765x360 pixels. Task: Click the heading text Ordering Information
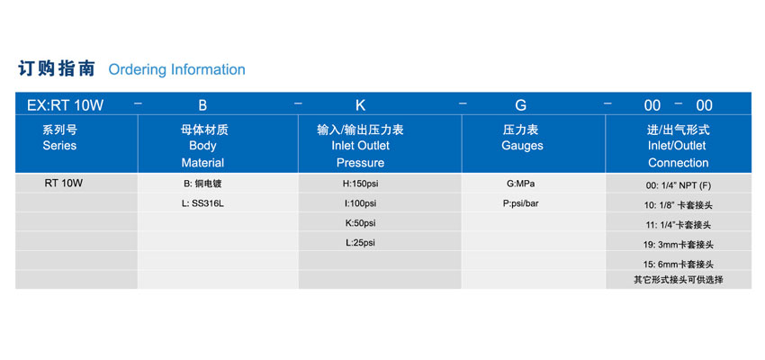coord(176,70)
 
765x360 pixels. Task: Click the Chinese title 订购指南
coord(57,68)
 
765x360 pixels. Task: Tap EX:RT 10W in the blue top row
coord(66,105)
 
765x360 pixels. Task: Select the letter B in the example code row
coord(202,105)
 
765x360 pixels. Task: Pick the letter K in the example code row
coord(361,105)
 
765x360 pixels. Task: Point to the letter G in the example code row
coord(521,105)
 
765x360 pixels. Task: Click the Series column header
coord(59,138)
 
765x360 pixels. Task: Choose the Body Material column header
coord(203,146)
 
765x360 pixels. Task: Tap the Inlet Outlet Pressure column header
coord(361,146)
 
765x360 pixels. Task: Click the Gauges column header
coord(522,138)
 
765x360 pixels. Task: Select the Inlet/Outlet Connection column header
coord(679,146)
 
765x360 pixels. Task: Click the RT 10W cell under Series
coord(59,184)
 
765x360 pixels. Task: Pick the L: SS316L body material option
coord(202,203)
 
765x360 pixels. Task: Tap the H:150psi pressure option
coord(361,184)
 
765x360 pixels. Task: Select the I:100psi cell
coord(361,203)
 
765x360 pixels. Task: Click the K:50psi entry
coord(361,223)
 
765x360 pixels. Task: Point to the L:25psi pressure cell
coord(361,242)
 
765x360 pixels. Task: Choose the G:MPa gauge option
coord(521,184)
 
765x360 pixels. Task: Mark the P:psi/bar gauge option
coord(521,203)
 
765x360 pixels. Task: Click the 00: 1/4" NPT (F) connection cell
coord(679,186)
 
